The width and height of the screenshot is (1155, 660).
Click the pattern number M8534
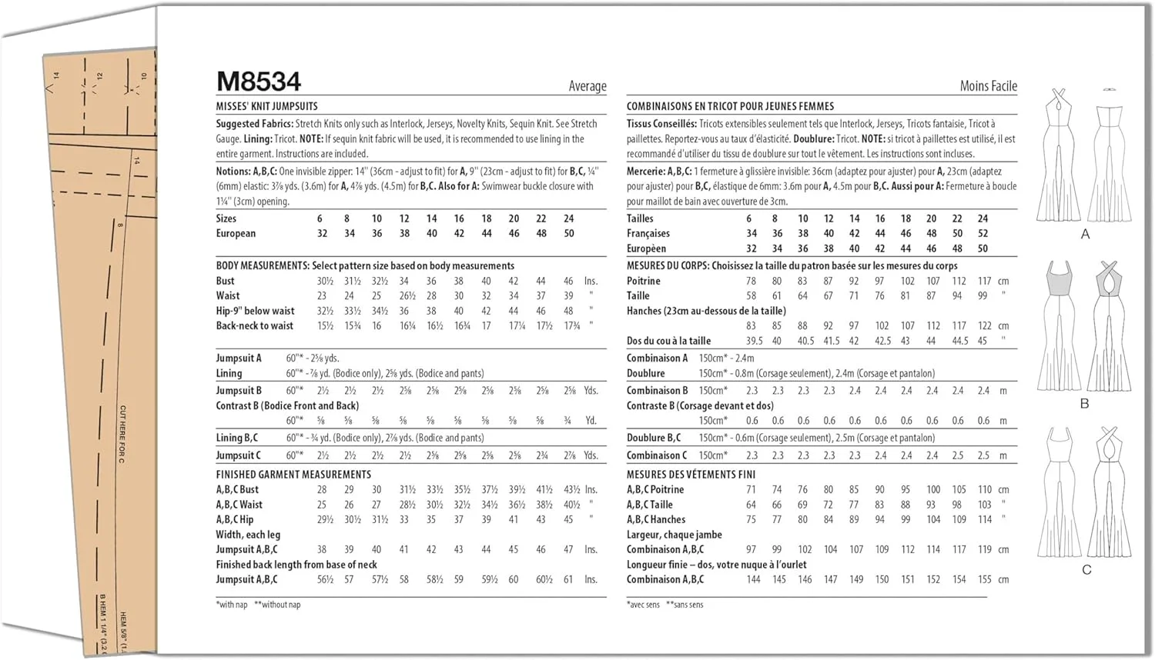259,82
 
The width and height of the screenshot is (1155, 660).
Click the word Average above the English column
588,86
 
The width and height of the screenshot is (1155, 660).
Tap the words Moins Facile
988,86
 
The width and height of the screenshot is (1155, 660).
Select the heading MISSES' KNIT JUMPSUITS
266,106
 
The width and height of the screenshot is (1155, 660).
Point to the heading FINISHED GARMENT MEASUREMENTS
293,475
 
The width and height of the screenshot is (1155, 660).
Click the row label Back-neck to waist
254,325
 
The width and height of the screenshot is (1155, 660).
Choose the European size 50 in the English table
569,233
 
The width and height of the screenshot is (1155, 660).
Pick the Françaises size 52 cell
983,233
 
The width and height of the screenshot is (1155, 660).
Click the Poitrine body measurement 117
984,281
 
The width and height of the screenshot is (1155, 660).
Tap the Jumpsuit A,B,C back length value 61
568,579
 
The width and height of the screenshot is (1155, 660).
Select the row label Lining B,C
237,438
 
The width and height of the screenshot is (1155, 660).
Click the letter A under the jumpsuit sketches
1085,234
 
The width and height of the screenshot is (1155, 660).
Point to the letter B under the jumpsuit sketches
1085,404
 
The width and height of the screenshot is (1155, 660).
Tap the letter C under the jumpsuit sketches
1086,570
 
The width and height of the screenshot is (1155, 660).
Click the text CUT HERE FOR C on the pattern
122,434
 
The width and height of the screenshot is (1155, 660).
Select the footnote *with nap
232,605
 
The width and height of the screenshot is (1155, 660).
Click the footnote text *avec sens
643,605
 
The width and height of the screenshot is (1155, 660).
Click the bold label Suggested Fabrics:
254,124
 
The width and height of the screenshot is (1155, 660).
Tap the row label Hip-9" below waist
255,311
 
